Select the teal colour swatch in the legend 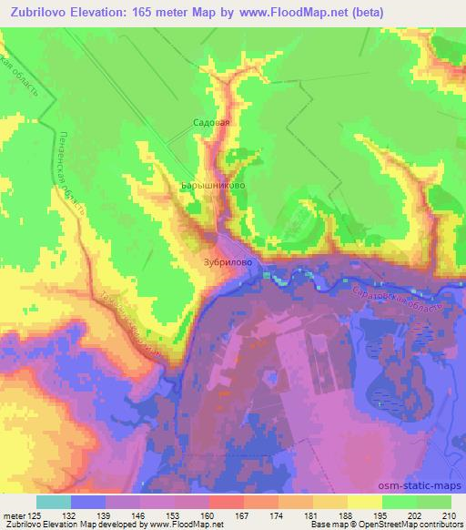54,502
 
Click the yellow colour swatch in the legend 365,502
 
